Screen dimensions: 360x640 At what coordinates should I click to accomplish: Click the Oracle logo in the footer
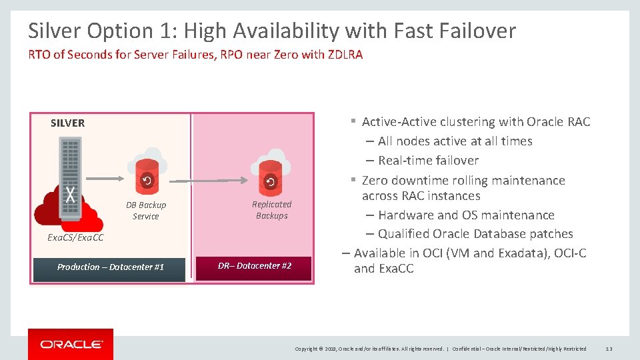coord(71,344)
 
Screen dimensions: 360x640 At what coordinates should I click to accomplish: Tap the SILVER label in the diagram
coord(67,123)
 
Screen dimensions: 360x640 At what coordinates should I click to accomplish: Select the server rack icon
coord(70,177)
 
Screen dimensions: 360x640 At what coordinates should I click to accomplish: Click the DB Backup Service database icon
coord(147,174)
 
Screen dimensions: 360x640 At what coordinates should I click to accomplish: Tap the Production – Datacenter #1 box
coord(110,267)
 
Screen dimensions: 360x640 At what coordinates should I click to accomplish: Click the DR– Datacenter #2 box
coord(254,266)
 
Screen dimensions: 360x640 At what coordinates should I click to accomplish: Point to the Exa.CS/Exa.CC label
coord(75,237)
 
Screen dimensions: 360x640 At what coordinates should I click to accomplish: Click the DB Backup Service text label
coord(146,211)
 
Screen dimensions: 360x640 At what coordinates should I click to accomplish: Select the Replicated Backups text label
coord(271,210)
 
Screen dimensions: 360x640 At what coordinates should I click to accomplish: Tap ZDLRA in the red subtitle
coord(345,55)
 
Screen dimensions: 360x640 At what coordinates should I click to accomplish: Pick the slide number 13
coord(609,349)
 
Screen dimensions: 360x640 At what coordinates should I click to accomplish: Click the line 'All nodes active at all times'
coord(455,141)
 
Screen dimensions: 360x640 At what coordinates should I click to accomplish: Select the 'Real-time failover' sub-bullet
coord(428,161)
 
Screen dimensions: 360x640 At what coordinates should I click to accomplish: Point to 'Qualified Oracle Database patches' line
coord(475,234)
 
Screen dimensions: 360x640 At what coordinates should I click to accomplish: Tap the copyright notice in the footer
coord(370,349)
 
